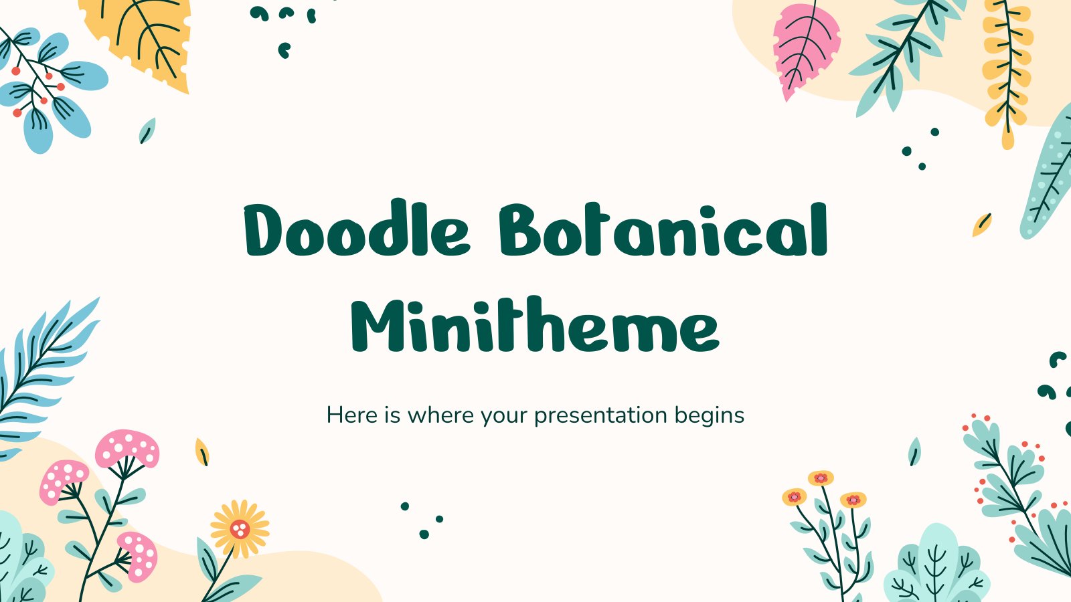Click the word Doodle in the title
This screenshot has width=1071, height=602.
[357, 228]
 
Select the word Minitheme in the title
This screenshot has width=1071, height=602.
[535, 325]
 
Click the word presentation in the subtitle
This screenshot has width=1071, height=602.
[600, 415]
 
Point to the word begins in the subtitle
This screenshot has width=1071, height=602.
[710, 415]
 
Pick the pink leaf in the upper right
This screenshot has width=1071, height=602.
[806, 50]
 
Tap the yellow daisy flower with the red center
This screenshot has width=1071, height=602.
[240, 528]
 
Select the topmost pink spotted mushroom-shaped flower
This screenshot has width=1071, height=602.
[127, 448]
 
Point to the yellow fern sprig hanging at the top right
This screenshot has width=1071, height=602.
[1007, 67]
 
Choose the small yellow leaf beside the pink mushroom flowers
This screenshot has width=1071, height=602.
[201, 451]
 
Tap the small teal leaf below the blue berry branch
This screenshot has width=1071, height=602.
[147, 130]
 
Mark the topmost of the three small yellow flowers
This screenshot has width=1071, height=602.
[821, 478]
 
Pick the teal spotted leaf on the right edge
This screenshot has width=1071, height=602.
[1047, 177]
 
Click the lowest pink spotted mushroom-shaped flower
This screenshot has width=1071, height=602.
[138, 555]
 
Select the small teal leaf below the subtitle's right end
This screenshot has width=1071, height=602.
[914, 451]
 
